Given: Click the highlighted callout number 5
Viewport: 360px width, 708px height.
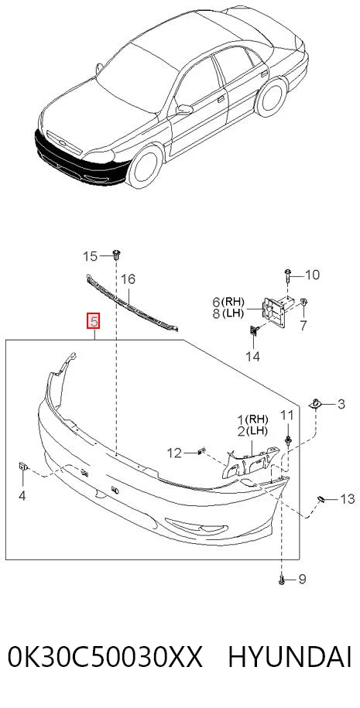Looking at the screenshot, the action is click(94, 321).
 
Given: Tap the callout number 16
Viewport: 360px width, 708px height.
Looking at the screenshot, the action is click(128, 279).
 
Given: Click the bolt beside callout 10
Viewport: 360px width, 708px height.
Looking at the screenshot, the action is click(288, 275).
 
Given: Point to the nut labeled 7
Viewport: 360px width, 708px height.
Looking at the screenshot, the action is click(303, 302).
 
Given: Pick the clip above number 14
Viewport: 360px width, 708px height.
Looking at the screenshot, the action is click(253, 332).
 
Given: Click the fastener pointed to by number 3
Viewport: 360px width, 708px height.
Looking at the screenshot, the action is click(315, 403).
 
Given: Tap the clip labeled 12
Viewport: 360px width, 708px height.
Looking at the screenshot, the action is click(201, 450).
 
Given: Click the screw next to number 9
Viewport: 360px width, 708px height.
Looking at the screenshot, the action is click(282, 580).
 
